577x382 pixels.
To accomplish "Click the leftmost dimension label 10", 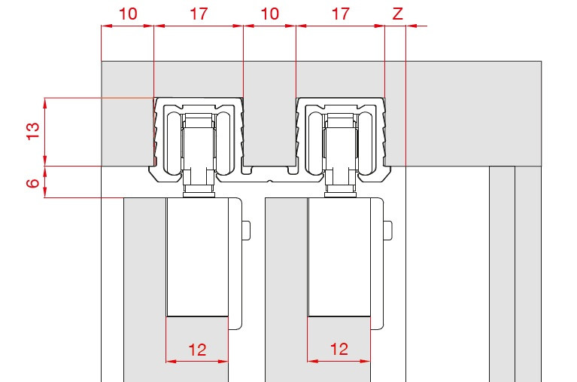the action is coord(129,14).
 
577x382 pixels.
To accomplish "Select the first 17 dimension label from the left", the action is coord(199,14).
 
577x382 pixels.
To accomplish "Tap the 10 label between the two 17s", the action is coord(270,14).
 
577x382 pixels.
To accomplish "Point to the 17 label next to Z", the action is coord(340,14).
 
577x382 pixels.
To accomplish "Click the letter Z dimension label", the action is coord(397,14).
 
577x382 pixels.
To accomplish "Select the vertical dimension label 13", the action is coord(33,130).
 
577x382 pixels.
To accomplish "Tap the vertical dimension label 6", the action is coord(33,183).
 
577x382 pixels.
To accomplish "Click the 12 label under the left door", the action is coord(197,350).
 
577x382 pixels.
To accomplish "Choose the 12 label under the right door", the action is coord(339,349).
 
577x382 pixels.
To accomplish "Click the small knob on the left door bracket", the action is coord(246,230).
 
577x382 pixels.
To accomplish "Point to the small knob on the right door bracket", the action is coord(388,230).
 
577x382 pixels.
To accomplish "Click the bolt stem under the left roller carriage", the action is coord(199,188).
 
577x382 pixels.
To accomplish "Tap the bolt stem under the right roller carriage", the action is coord(341,188).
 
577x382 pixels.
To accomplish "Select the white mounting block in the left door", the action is coord(197,258).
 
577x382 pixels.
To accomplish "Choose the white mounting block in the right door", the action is coord(339,258).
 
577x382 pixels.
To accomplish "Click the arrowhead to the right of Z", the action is coord(411,26).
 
